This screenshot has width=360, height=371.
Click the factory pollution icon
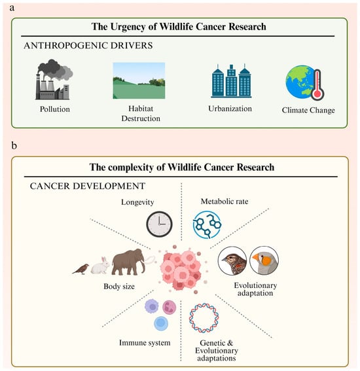coord(54,80)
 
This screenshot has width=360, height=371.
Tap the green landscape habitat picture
coord(139,80)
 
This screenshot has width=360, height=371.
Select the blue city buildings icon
coord(231,80)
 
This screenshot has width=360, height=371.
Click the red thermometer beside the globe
coord(317,84)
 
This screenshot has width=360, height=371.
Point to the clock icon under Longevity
coord(159,224)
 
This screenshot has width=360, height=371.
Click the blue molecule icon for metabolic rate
coord(207,224)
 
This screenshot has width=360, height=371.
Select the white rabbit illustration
coord(100,266)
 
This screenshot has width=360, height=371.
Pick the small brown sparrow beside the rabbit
coord(81,269)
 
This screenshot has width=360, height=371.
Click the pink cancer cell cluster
coord(182,270)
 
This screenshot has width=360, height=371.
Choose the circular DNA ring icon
coord(204,318)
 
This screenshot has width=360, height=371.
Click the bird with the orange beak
coord(264,260)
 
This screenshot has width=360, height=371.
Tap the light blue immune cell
coord(161,323)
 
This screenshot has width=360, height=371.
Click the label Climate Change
coord(308,111)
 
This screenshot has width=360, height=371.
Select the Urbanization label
coord(230,109)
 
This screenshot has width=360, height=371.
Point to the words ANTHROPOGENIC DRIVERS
coord(88,45)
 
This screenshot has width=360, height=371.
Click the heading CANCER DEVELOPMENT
coord(88,186)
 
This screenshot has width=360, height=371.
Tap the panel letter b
coord(14,145)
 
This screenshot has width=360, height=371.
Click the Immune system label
coord(145,343)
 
